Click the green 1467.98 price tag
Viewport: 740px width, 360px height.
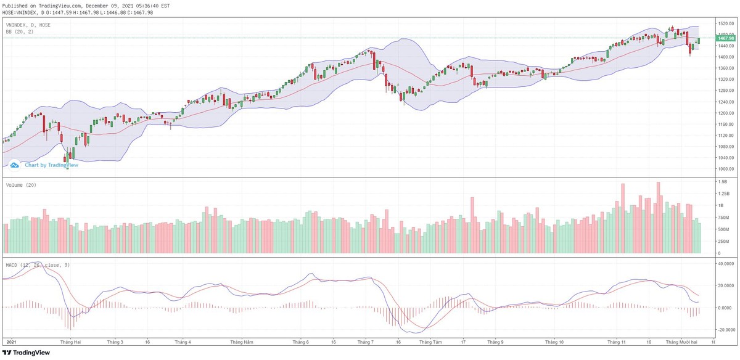pyautogui.click(x=725, y=38)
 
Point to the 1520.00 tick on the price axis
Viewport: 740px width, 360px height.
pyautogui.click(x=725, y=23)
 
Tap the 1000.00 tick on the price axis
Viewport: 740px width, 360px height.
pyautogui.click(x=725, y=169)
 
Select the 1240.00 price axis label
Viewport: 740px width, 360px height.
pyautogui.click(x=725, y=102)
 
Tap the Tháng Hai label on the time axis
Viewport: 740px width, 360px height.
pyautogui.click(x=69, y=342)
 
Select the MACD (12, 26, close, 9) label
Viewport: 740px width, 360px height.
pyautogui.click(x=39, y=265)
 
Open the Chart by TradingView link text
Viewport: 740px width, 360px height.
pyautogui.click(x=51, y=165)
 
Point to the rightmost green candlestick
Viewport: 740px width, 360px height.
pyautogui.click(x=699, y=41)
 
